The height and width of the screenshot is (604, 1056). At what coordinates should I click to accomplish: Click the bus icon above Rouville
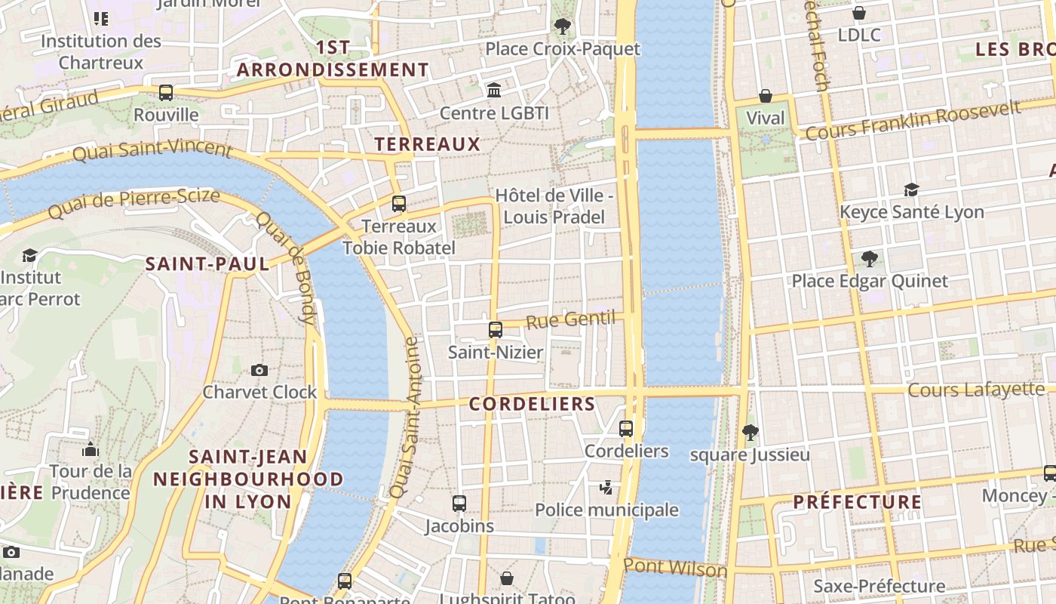166,93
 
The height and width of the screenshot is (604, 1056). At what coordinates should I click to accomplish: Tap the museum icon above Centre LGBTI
494,91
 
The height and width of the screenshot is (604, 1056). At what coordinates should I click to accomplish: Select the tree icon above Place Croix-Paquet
562,26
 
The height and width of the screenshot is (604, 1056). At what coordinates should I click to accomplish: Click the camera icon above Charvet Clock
259,370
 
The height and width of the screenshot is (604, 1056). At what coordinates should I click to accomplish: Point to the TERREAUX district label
427,144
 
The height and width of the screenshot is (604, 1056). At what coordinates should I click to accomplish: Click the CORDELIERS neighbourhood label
532,404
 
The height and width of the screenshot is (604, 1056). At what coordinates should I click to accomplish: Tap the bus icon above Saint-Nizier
496,330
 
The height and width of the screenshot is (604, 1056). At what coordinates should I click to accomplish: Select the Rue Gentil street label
570,320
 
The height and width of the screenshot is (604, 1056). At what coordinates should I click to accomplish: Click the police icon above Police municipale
606,487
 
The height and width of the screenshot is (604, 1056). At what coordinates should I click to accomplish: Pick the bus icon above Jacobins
459,504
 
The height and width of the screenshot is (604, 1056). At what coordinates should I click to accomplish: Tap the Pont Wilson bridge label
675,568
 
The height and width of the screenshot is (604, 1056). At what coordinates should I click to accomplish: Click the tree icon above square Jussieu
750,433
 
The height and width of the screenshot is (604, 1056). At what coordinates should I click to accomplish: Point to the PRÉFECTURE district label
857,502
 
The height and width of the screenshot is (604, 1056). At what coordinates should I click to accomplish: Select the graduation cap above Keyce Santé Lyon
912,190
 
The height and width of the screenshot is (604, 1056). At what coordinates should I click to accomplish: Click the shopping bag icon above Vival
766,96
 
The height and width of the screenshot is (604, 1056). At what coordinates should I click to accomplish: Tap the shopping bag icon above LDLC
858,13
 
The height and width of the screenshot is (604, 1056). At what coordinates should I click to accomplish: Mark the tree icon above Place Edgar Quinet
870,259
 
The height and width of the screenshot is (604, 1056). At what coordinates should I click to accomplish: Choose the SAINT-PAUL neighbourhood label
207,264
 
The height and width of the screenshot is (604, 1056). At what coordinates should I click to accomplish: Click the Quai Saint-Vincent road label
152,150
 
